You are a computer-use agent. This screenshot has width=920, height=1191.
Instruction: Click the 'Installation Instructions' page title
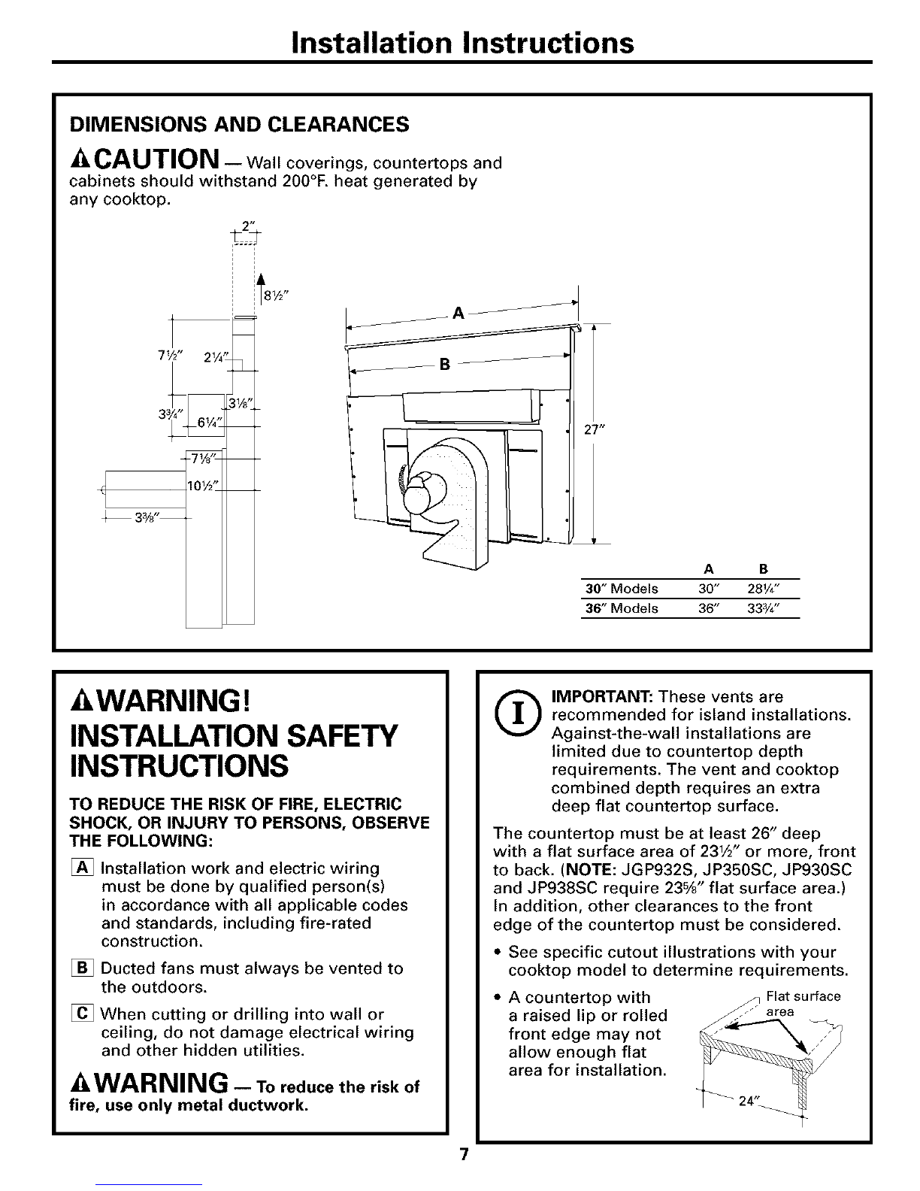tap(460, 42)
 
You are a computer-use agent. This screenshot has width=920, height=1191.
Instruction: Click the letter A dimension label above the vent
tap(458, 313)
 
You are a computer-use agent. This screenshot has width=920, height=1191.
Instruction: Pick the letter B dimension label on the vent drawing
tap(444, 365)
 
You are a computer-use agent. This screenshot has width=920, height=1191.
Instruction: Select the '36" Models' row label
tap(621, 608)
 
